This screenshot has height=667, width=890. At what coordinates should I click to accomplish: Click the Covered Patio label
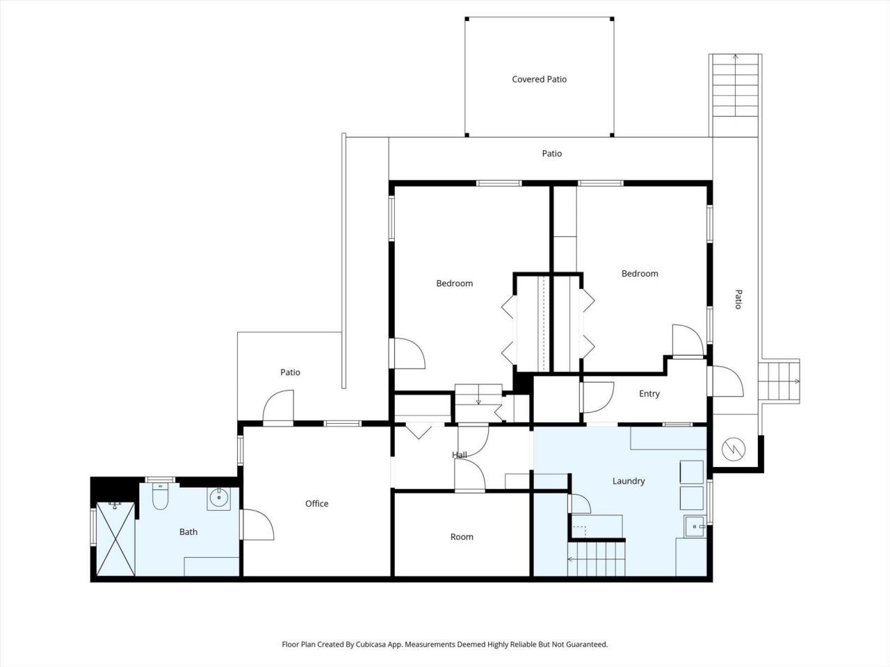(x=539, y=79)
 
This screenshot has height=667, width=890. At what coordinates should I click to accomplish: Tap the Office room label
(x=316, y=504)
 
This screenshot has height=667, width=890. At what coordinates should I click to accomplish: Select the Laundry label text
(x=628, y=481)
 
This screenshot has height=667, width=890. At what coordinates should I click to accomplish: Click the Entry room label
(x=649, y=394)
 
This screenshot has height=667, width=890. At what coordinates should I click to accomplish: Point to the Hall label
(x=459, y=455)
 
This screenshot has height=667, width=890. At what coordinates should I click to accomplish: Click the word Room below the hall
(x=462, y=536)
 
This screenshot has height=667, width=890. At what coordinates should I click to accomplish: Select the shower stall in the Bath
(x=115, y=538)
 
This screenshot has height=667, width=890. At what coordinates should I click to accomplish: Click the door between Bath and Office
(x=256, y=525)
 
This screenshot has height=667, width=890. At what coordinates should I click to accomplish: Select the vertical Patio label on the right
(x=738, y=299)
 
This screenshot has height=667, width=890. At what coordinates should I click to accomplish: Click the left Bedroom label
(x=454, y=283)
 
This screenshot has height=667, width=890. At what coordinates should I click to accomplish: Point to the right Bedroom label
(x=639, y=274)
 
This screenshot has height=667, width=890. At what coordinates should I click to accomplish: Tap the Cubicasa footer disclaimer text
(x=444, y=645)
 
